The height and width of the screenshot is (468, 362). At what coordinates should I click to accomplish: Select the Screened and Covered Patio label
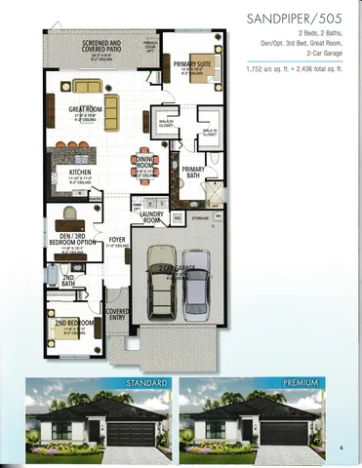tap(101, 47)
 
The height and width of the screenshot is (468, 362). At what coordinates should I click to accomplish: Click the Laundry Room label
tap(151, 216)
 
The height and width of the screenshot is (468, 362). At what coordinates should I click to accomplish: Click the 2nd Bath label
tap(68, 281)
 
